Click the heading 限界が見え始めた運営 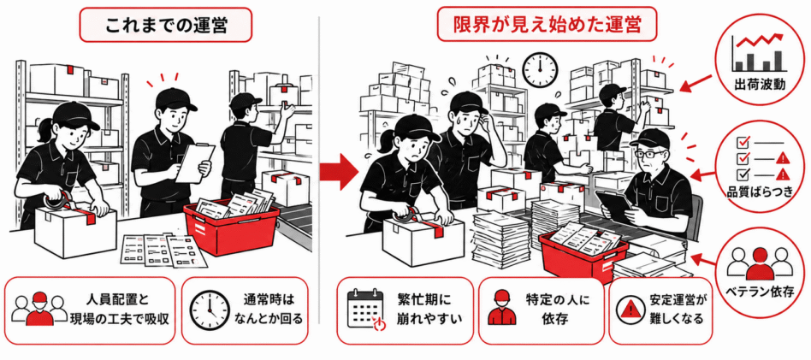[x=548, y=24]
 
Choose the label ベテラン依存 [x=760, y=292]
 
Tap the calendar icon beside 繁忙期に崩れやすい [x=365, y=310]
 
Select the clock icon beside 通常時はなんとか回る [x=209, y=310]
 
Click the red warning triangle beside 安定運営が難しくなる [x=630, y=310]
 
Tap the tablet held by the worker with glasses [x=614, y=204]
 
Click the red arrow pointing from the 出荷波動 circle [x=696, y=82]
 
